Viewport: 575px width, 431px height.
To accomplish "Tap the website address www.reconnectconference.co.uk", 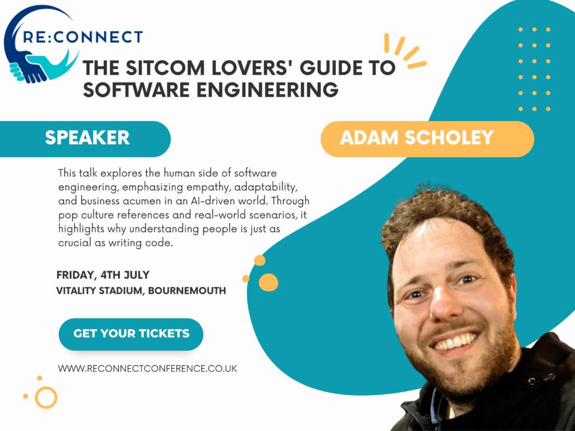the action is click(x=148, y=368).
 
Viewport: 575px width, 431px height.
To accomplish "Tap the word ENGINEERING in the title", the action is click(x=267, y=90).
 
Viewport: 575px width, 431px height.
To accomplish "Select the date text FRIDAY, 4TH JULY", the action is click(x=103, y=275).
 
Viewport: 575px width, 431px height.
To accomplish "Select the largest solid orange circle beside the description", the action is click(x=268, y=282).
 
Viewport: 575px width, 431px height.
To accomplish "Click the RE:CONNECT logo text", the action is click(x=83, y=37).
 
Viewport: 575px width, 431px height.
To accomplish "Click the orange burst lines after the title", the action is click(x=403, y=51).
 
